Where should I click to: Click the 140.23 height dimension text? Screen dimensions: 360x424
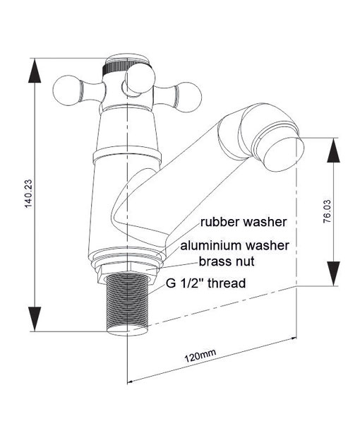pos(28,194)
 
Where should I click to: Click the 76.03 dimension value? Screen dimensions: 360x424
pos(327,211)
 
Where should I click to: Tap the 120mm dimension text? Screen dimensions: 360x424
pos(200,355)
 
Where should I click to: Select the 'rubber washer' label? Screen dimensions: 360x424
pos(243,222)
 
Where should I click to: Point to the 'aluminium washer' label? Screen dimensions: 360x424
pos(234,245)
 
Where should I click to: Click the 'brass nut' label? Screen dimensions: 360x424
pos(227,261)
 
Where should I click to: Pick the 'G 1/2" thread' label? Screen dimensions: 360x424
pos(206,283)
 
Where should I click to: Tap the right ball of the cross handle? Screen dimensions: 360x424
pos(188,97)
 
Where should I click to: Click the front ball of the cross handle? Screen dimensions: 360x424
pos(140,78)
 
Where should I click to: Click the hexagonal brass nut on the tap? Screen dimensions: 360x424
pos(128,272)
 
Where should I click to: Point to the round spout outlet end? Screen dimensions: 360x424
pos(284,154)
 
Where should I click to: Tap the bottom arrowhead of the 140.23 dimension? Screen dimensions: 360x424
pos(35,319)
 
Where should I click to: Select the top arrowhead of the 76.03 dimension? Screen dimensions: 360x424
pos(334,150)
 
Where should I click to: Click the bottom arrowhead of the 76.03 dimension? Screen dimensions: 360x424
pos(334,273)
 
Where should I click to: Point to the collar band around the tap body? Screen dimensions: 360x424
pos(127,155)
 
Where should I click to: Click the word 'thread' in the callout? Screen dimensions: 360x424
pos(227,283)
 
